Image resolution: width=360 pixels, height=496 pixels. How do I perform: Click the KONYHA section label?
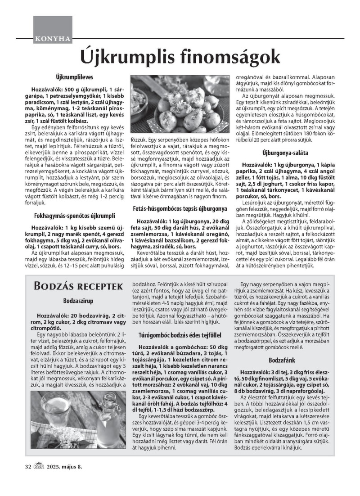pos(52,39)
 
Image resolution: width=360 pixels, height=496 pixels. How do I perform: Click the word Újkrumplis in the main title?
pos(126,57)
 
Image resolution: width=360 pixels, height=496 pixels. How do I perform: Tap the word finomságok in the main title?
pos(229,57)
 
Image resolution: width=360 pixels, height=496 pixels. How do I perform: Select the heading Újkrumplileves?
pos(75,77)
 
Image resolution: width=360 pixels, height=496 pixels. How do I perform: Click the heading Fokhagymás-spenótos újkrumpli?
pos(75,216)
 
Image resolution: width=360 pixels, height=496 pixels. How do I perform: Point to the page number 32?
pos(28,479)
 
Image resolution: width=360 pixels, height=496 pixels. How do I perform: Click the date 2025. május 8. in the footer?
pos(63,479)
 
